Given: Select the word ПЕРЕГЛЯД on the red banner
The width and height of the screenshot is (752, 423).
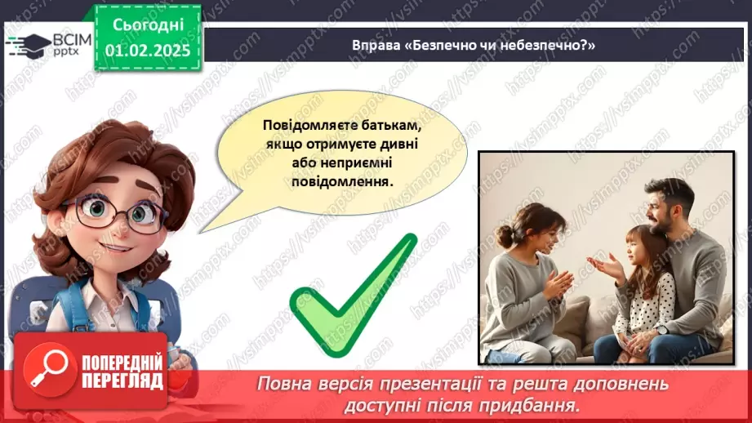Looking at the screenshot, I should click(x=122, y=381).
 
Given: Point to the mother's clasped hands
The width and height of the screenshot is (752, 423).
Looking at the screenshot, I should click(x=558, y=286).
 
